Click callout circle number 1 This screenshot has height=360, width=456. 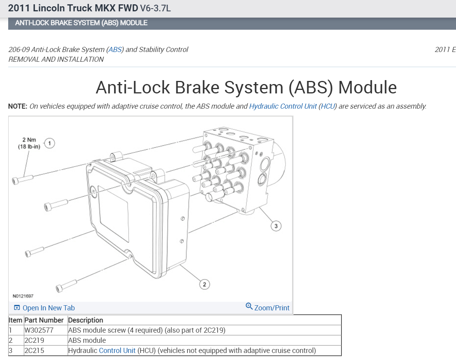[50, 143]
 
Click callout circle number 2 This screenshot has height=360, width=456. [205, 284]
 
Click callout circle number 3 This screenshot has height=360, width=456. [276, 226]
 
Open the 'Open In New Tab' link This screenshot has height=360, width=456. [44, 308]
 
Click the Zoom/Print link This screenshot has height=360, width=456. [268, 308]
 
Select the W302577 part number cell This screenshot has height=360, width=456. [39, 330]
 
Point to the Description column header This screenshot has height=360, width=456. [86, 320]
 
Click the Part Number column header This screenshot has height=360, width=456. [44, 320]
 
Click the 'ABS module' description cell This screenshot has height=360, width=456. [87, 340]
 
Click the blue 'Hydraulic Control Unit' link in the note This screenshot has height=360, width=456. [283, 106]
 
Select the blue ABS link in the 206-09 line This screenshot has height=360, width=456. [115, 50]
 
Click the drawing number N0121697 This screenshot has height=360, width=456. [23, 296]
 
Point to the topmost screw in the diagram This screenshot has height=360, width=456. [22, 179]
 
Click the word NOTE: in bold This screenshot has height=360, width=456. [18, 106]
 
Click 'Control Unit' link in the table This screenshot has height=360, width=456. [117, 350]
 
